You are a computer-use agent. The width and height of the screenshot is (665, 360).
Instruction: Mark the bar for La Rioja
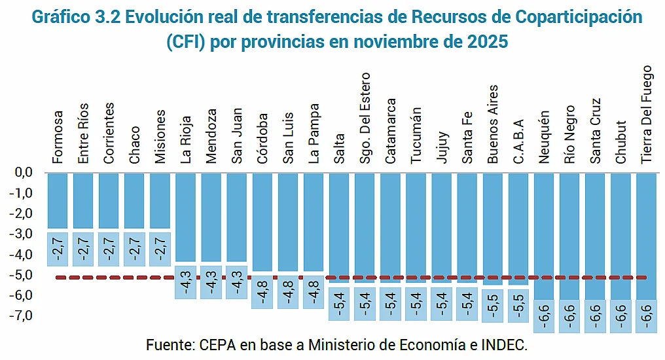click(x=186, y=217)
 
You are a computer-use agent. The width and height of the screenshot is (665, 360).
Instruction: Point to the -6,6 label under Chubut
click(x=620, y=316)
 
